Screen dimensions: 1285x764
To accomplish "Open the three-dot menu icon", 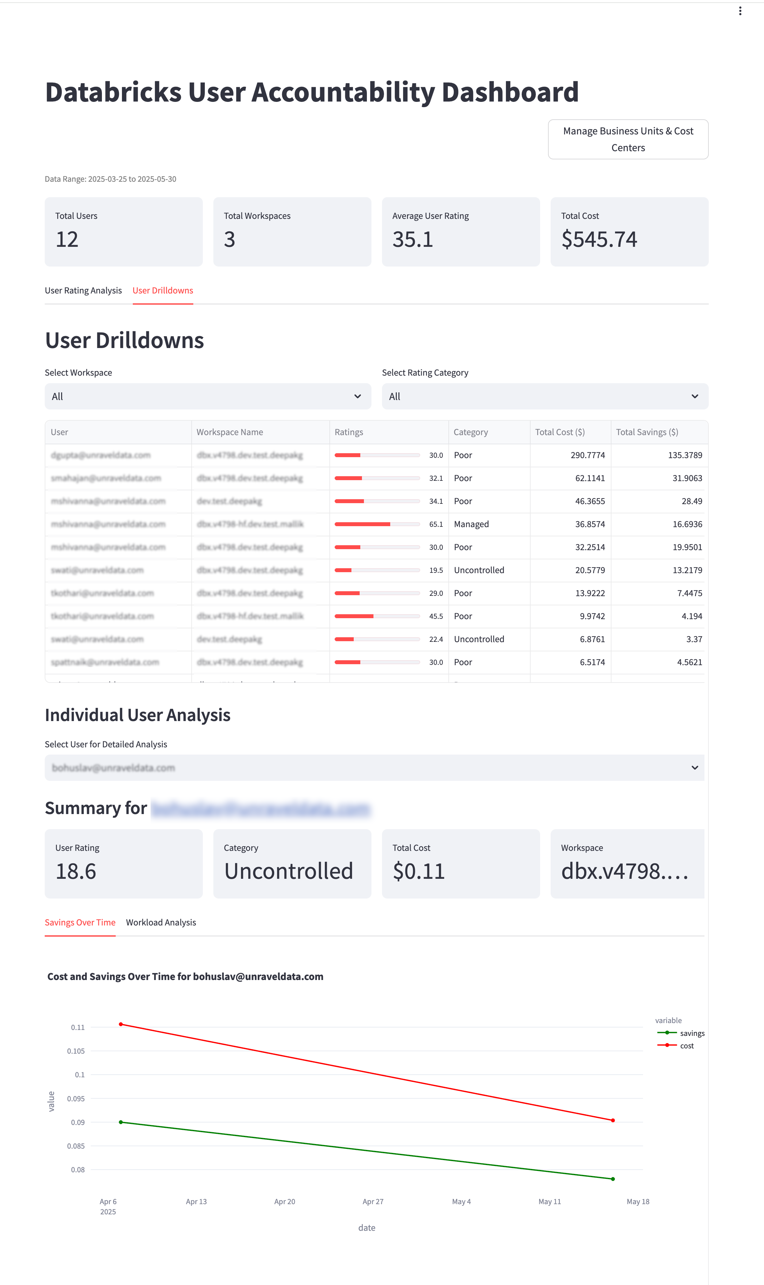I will (x=740, y=11).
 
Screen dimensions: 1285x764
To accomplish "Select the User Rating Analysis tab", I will (x=84, y=290).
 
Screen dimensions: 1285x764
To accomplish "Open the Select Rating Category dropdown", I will (x=545, y=396).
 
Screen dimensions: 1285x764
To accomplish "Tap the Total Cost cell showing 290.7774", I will (x=587, y=455).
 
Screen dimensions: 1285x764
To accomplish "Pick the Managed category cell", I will (x=471, y=524).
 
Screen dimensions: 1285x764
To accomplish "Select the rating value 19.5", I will (x=436, y=570).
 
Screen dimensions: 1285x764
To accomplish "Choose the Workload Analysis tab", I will (x=161, y=922).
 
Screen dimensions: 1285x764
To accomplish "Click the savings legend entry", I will (x=691, y=1033).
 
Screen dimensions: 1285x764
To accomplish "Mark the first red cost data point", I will (x=121, y=1024).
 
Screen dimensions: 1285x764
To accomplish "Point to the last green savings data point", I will (x=613, y=1179).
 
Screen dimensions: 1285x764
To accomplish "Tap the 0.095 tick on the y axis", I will (x=76, y=1098).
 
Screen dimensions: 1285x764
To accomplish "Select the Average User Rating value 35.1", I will (x=412, y=239).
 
